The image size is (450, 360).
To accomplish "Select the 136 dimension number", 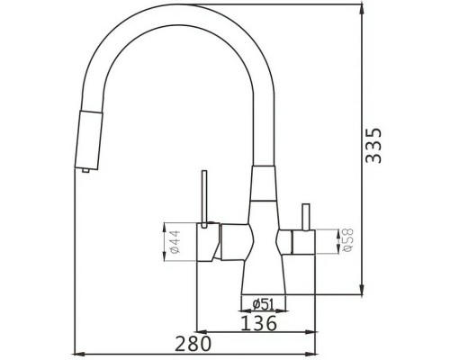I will coord(257,320).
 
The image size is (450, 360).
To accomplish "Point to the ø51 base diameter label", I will coord(263,301).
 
